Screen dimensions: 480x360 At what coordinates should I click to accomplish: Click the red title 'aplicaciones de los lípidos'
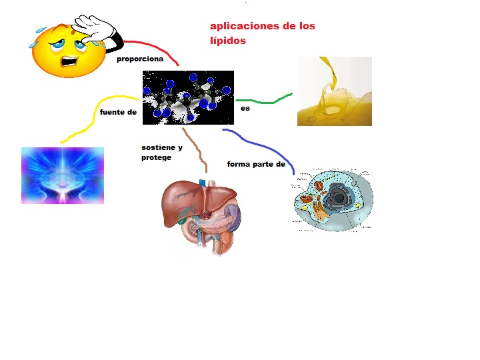point(262,33)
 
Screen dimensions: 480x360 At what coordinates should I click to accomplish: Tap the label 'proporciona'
point(140,59)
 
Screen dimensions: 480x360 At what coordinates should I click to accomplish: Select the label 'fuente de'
point(118,112)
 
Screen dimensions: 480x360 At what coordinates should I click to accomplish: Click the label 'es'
point(245,108)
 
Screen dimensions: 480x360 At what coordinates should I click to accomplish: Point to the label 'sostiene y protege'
point(161,152)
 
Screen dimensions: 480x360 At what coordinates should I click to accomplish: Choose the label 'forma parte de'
point(256,164)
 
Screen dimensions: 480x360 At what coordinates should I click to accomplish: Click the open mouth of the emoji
point(71,61)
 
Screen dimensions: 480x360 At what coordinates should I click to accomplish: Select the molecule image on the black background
point(188,97)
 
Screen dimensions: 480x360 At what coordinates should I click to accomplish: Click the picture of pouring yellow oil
point(334,91)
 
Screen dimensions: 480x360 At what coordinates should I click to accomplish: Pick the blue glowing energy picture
point(63,175)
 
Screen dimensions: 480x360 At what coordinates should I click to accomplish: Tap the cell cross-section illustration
point(333,200)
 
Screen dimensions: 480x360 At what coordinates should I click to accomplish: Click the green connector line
point(267,101)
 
